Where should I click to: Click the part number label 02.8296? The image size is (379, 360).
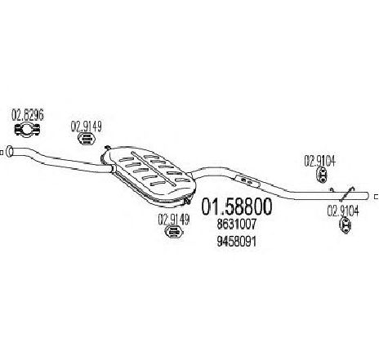click(28, 116)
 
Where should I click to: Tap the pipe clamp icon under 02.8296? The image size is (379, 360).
click(27, 129)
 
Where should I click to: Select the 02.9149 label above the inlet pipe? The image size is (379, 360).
click(87, 127)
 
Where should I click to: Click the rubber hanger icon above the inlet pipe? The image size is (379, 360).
click(87, 139)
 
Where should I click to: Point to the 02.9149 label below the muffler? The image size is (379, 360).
click(173, 220)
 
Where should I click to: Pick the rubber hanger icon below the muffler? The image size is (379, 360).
click(174, 232)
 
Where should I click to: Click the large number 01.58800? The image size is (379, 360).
click(236, 207)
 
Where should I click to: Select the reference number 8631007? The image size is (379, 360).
click(237, 224)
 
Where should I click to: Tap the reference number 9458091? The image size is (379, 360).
click(237, 242)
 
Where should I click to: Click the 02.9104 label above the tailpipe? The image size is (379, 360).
click(319, 161)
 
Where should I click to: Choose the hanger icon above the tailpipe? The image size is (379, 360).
click(323, 176)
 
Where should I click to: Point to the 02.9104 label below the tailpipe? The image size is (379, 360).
click(343, 211)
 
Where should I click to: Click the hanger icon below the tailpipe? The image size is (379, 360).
click(346, 225)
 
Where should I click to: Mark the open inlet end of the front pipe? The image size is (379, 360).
click(10, 151)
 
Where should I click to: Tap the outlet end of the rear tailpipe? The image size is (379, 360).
click(368, 196)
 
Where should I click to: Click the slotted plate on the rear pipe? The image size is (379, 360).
click(247, 181)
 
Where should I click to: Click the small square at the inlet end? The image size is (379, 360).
click(2, 153)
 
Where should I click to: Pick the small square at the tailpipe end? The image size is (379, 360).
click(377, 197)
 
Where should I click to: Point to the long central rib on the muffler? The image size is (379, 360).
click(154, 169)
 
